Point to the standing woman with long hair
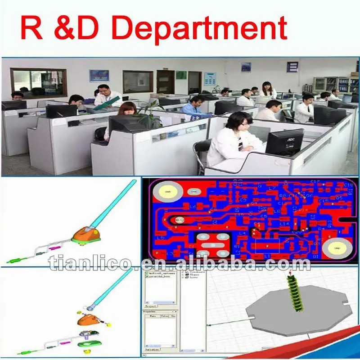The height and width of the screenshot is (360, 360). (x=267, y=90)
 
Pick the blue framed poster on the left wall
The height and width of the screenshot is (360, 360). (x=99, y=76)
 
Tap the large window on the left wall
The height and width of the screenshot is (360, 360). (x=38, y=82)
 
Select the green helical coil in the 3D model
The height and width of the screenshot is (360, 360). (x=296, y=295)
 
